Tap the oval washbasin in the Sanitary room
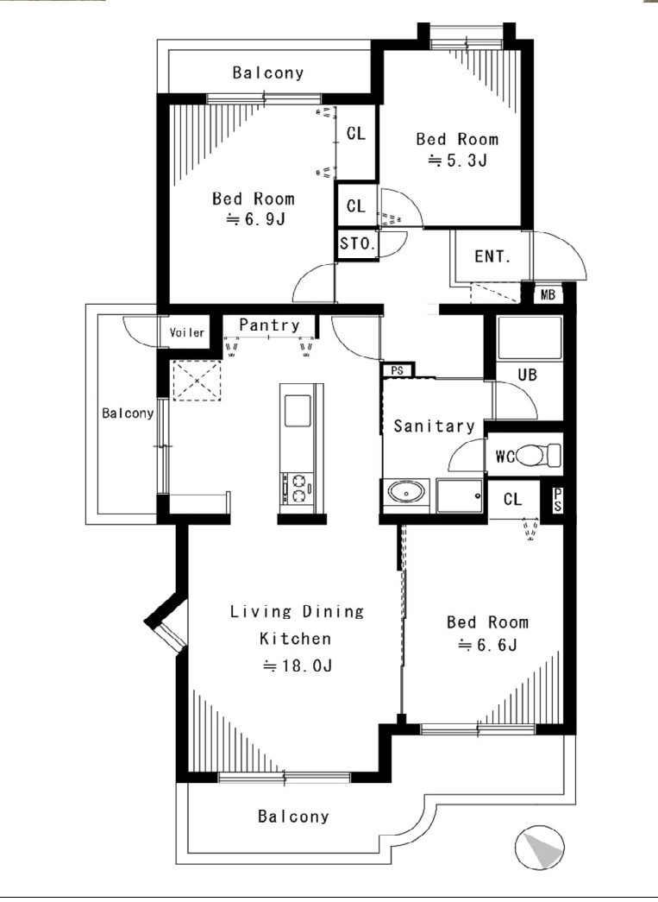[x=406, y=493]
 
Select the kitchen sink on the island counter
[x=298, y=411]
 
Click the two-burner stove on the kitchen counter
[x=299, y=489]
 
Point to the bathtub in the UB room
[x=530, y=337]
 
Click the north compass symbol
[x=540, y=848]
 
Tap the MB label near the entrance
[x=548, y=294]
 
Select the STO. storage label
[x=357, y=243]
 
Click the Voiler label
[x=187, y=332]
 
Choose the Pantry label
[x=270, y=325]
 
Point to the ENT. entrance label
[x=492, y=256]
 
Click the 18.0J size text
[x=298, y=665]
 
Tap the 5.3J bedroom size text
[x=458, y=161]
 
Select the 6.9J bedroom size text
[x=255, y=219]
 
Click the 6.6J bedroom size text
[x=488, y=645]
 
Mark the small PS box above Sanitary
[x=397, y=370]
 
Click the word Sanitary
[x=434, y=426]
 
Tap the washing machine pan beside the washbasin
[x=461, y=495]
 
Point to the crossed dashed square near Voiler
[x=197, y=381]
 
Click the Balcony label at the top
[x=268, y=73]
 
